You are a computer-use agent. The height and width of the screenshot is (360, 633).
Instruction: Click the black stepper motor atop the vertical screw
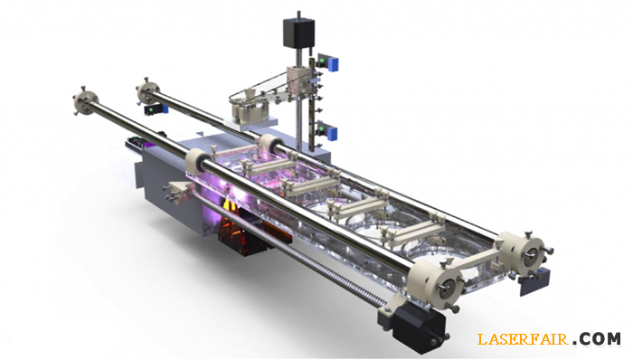point(298,33)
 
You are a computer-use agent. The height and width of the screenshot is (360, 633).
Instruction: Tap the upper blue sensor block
point(333,63)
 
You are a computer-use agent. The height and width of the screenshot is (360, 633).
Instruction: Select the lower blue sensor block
point(333,132)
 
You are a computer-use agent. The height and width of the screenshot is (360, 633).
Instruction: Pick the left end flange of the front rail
point(85,100)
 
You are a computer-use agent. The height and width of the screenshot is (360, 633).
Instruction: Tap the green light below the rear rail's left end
point(151,109)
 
